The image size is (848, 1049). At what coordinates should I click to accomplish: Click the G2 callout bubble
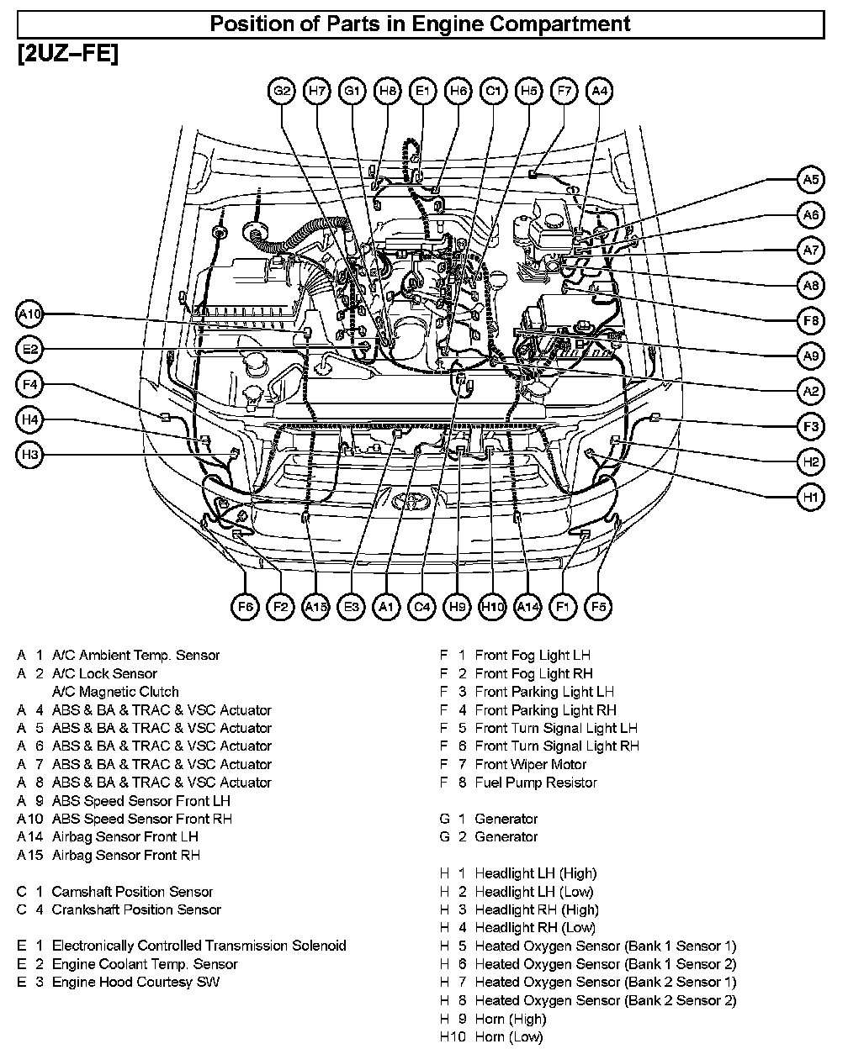pyautogui.click(x=282, y=91)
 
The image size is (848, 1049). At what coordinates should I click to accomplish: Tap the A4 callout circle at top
pyautogui.click(x=598, y=91)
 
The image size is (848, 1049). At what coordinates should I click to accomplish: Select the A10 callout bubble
pyautogui.click(x=29, y=314)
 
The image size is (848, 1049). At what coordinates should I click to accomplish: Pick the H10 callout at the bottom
pyautogui.click(x=492, y=606)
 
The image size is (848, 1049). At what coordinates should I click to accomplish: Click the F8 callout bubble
pyautogui.click(x=810, y=321)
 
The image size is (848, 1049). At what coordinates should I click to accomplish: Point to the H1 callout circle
pyautogui.click(x=810, y=498)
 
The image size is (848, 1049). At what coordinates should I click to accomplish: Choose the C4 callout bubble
pyautogui.click(x=421, y=606)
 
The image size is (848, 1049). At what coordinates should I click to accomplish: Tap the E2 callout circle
pyautogui.click(x=29, y=349)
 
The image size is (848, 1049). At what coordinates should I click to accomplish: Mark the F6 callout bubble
pyautogui.click(x=245, y=606)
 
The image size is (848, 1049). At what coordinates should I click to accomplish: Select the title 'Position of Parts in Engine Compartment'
pyautogui.click(x=420, y=24)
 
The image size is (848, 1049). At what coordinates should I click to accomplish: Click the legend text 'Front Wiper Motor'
pyautogui.click(x=530, y=764)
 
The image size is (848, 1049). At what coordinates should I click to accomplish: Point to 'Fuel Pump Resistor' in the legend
pyautogui.click(x=535, y=783)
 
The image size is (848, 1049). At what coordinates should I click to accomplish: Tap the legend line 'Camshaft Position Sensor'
pyautogui.click(x=132, y=891)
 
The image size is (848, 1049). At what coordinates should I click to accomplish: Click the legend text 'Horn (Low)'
pyautogui.click(x=508, y=1036)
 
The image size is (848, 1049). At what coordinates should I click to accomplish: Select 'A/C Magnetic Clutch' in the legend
pyautogui.click(x=115, y=692)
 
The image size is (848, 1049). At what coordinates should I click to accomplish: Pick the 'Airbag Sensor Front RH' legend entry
pyautogui.click(x=125, y=855)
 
